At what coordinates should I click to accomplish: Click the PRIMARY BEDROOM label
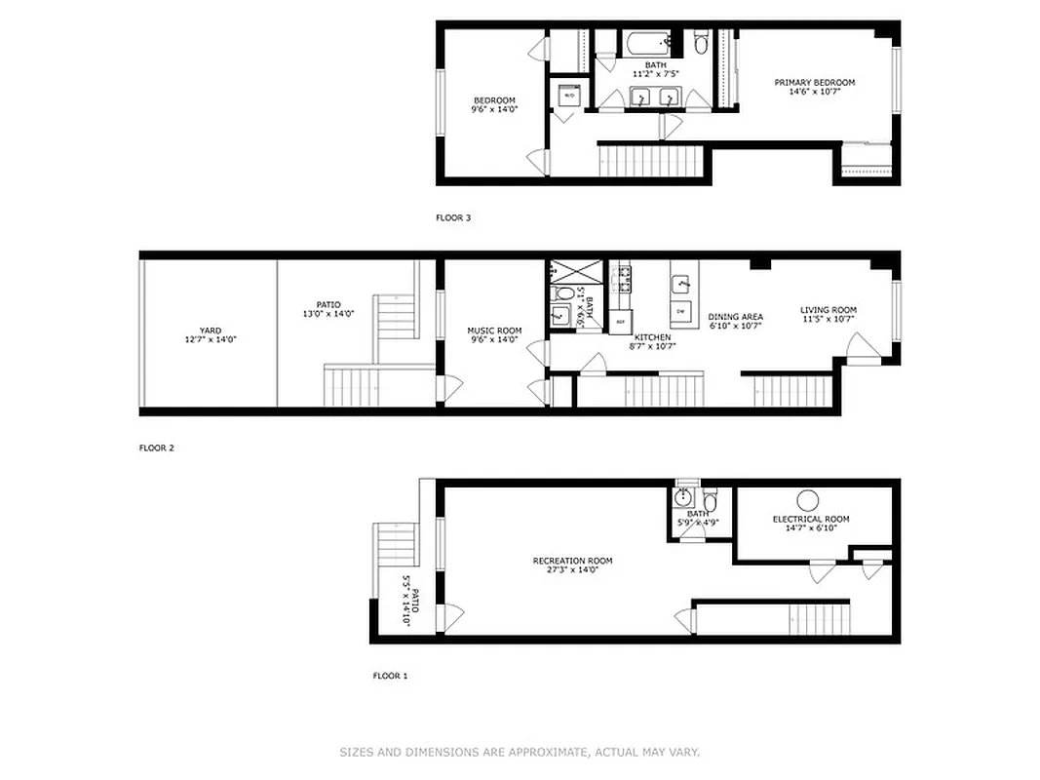tap(814, 83)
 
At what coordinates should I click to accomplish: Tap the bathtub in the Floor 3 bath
tap(648, 44)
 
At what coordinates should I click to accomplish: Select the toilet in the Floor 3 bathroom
tap(701, 44)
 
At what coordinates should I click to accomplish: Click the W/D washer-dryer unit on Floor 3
tap(569, 95)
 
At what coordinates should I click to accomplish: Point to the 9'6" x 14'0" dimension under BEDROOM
tap(494, 110)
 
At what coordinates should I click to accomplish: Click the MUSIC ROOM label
tap(494, 331)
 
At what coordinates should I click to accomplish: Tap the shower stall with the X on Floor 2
tap(564, 272)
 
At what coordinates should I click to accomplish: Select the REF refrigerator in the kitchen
tap(620, 320)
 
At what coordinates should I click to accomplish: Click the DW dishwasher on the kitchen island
tap(682, 310)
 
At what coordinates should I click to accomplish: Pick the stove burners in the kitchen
tap(621, 279)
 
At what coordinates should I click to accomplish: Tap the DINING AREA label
tap(735, 316)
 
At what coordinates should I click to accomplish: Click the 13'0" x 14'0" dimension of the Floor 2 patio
tap(327, 314)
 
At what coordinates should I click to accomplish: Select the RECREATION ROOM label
tap(572, 561)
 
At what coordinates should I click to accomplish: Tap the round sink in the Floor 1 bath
tap(683, 498)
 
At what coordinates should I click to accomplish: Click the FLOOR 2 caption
tap(156, 448)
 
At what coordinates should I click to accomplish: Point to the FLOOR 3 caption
tap(453, 218)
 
